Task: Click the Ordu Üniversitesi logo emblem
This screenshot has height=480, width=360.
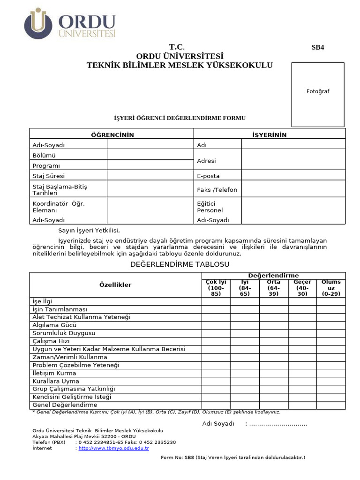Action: pos(38,23)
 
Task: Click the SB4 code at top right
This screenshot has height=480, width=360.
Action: pos(318,47)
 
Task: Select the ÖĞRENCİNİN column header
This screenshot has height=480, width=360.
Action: pos(112,135)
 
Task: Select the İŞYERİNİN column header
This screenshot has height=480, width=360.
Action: pos(270,135)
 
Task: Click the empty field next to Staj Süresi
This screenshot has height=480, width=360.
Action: pos(150,176)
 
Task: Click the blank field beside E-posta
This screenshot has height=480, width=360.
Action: pos(293,176)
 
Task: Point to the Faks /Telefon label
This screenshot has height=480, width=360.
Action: pos(217,190)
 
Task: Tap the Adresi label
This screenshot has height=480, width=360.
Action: pos(207,161)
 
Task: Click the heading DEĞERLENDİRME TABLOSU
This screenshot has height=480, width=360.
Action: pos(180,265)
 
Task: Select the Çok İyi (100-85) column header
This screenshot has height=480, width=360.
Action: pos(216,288)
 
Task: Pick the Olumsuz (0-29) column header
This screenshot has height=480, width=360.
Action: pos(331,288)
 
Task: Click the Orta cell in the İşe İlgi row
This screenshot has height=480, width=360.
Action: pos(274,301)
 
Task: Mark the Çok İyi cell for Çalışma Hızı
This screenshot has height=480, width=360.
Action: pos(216,341)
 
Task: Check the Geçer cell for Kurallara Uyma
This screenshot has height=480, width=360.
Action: pos(302,381)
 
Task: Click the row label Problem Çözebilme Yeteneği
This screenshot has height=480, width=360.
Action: pos(76,365)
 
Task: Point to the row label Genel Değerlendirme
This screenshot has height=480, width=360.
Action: pos(65,405)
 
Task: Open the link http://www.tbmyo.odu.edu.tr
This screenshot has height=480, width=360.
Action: pos(113,448)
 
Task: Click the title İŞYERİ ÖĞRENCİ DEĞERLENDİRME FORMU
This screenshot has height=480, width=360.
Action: pos(180,118)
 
